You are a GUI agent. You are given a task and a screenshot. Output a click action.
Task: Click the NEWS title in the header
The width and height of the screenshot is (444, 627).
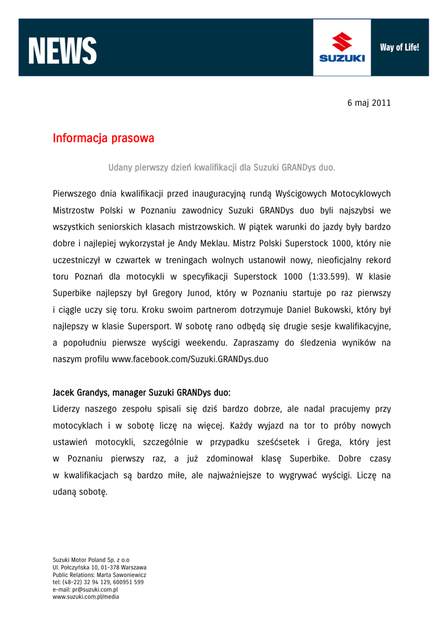coord(62,51)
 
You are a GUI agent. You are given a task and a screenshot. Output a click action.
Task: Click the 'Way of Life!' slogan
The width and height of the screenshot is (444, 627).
coord(399,47)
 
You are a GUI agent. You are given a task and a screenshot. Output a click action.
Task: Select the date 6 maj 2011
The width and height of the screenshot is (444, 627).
coord(369,103)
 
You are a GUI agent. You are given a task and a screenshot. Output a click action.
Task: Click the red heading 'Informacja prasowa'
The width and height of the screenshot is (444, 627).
coord(103,138)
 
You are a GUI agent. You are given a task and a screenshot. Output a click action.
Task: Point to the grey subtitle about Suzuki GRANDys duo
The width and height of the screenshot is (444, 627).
coord(222,167)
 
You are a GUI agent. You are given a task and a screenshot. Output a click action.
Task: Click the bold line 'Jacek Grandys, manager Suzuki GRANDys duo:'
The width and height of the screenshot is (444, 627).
coord(141,392)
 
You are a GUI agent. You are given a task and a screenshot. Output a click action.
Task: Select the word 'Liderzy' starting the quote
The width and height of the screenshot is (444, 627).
coord(69,408)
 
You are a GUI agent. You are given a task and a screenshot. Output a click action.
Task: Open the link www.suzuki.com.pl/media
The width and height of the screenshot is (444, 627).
coord(86,597)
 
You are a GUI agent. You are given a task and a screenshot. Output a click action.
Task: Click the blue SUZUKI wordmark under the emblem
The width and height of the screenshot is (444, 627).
coord(342,59)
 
